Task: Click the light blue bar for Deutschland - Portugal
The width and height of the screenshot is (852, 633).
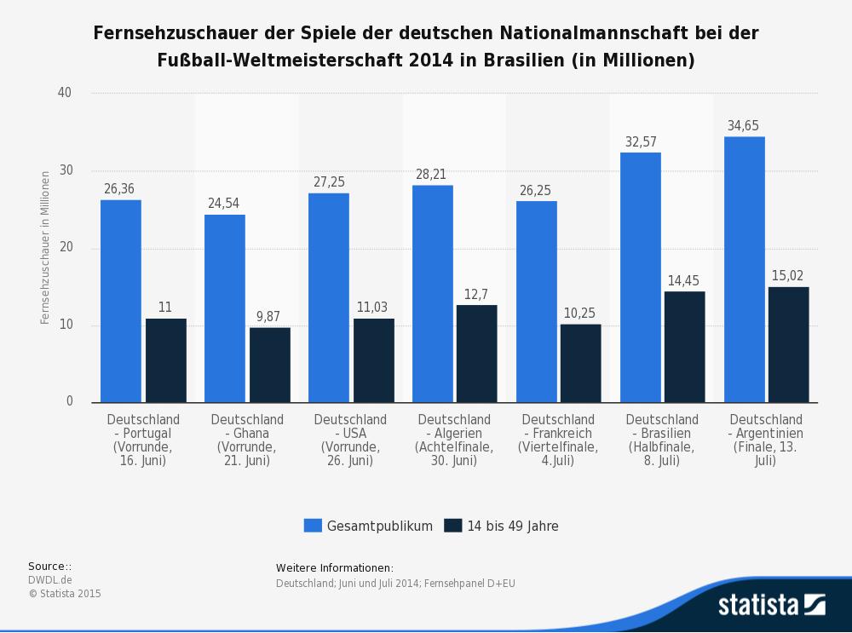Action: point(121,301)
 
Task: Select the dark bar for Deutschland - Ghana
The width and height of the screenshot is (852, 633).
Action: point(269,365)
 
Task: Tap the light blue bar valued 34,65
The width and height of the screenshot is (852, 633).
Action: point(744,269)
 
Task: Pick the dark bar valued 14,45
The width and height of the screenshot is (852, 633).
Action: point(684,347)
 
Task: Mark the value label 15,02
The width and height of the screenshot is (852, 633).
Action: point(787,276)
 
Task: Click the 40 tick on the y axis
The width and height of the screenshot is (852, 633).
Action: point(65,93)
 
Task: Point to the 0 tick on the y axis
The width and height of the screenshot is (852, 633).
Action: point(69,402)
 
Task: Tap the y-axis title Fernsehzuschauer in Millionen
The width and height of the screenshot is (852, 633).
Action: point(45,248)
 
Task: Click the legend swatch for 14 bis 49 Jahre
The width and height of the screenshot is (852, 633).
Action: point(453,526)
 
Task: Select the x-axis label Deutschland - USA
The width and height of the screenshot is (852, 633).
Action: point(350,440)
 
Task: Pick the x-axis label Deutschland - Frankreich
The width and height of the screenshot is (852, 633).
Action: point(558,440)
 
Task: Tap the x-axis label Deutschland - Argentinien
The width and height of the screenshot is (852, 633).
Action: point(766,440)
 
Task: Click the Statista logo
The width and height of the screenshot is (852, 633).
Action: point(771,605)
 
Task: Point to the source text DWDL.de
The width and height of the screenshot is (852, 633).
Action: point(49,580)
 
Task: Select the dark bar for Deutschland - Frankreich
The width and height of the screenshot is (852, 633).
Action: point(580,363)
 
